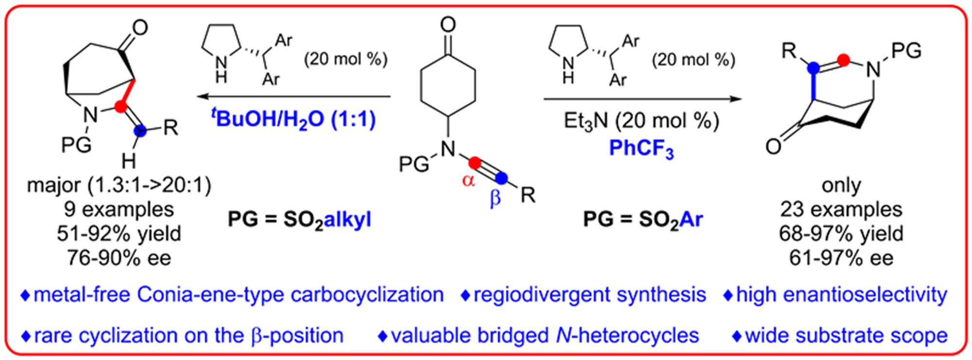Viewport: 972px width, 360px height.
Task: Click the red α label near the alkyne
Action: point(468,180)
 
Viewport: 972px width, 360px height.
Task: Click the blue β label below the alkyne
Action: point(495,198)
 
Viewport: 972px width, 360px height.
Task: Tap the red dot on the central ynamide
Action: point(475,162)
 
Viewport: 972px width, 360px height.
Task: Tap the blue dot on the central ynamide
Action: point(502,178)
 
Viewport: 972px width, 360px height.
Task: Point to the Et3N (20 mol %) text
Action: point(641,120)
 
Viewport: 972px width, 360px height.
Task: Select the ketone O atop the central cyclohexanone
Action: point(448,24)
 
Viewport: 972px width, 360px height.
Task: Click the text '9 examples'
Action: point(119,209)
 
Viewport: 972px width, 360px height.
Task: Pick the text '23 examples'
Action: point(841,209)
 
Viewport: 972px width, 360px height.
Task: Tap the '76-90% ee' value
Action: point(119,258)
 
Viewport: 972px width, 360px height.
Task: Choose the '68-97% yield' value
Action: point(841,234)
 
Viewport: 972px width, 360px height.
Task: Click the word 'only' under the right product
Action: point(841,185)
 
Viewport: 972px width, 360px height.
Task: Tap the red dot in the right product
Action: point(843,60)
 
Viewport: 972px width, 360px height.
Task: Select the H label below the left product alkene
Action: point(128,160)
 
